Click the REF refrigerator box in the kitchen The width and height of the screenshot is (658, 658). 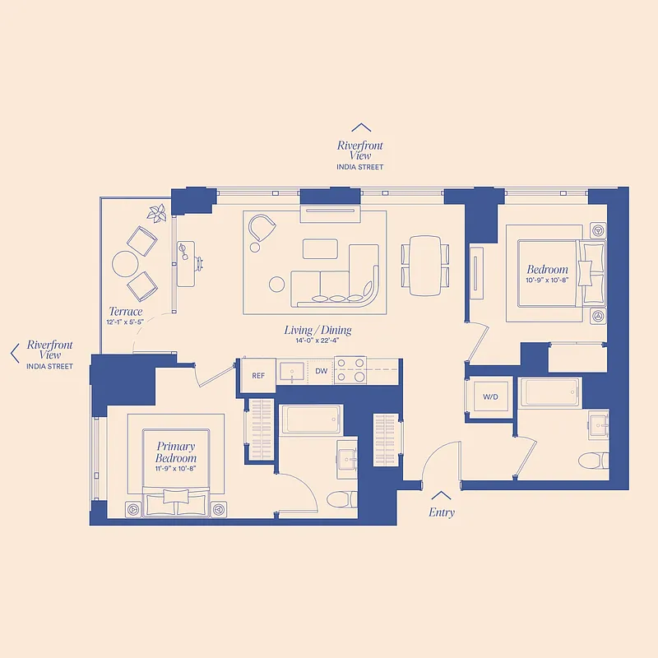pyautogui.click(x=258, y=375)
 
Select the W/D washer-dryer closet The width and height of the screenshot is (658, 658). pyautogui.click(x=490, y=396)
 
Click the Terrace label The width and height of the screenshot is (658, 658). pyautogui.click(x=126, y=312)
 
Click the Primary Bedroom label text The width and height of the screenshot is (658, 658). pyautogui.click(x=176, y=452)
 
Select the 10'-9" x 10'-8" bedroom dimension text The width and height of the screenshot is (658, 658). pyautogui.click(x=547, y=280)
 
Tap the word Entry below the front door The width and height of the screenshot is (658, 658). pyautogui.click(x=441, y=512)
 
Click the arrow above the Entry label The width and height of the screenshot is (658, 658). pyautogui.click(x=441, y=495)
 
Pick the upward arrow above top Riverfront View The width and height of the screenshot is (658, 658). pyautogui.click(x=360, y=127)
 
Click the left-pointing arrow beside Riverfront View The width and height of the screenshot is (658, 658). pyautogui.click(x=14, y=354)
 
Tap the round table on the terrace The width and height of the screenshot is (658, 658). pyautogui.click(x=126, y=263)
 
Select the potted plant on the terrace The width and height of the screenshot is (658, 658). pyautogui.click(x=156, y=214)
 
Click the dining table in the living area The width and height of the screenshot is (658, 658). pyautogui.click(x=425, y=265)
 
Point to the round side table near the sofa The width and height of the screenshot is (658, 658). pyautogui.click(x=277, y=285)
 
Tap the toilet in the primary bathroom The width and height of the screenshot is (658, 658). pyautogui.click(x=339, y=498)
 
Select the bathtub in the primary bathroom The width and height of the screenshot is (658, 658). pyautogui.click(x=311, y=420)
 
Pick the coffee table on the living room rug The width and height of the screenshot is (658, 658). pyautogui.click(x=320, y=248)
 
